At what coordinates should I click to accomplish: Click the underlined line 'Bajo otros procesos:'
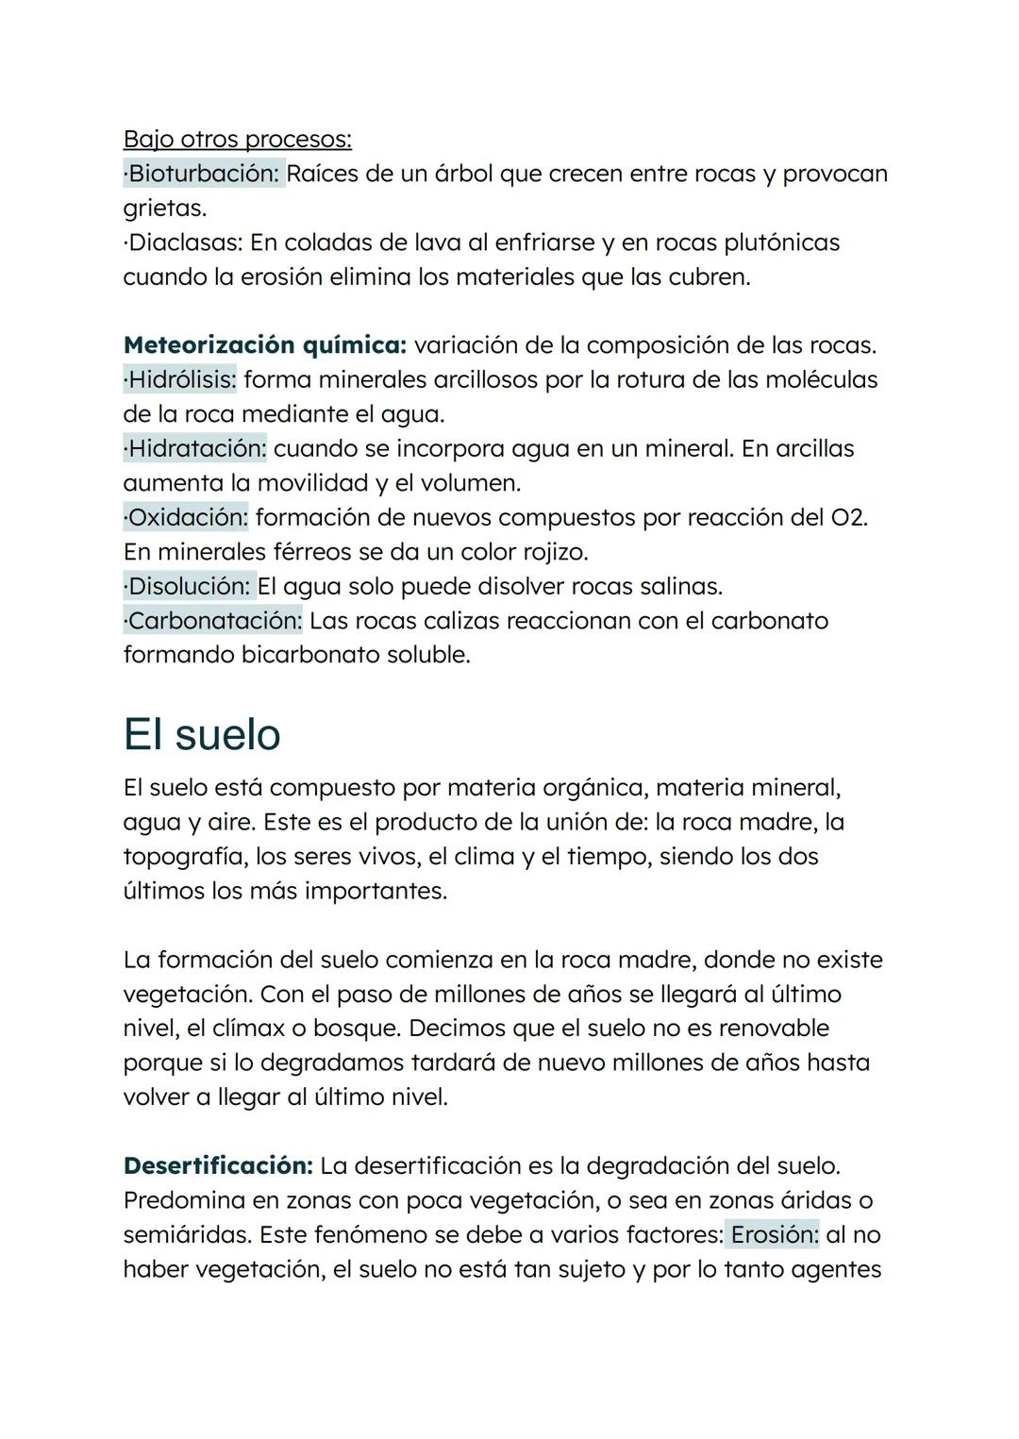tap(237, 140)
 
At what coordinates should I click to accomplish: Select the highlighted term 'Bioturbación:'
tap(204, 174)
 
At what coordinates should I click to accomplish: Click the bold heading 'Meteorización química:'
tap(264, 345)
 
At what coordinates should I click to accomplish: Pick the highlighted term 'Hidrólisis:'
tap(180, 380)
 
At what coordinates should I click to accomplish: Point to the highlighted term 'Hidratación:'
tap(195, 448)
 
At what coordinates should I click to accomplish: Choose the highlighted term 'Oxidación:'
tap(186, 517)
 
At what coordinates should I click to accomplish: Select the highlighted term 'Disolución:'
tap(189, 586)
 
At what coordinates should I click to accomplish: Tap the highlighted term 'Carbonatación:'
tap(213, 621)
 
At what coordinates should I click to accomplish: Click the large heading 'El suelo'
tap(202, 734)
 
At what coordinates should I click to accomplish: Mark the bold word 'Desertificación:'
tap(218, 1165)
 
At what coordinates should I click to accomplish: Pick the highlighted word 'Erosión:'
tap(775, 1234)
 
